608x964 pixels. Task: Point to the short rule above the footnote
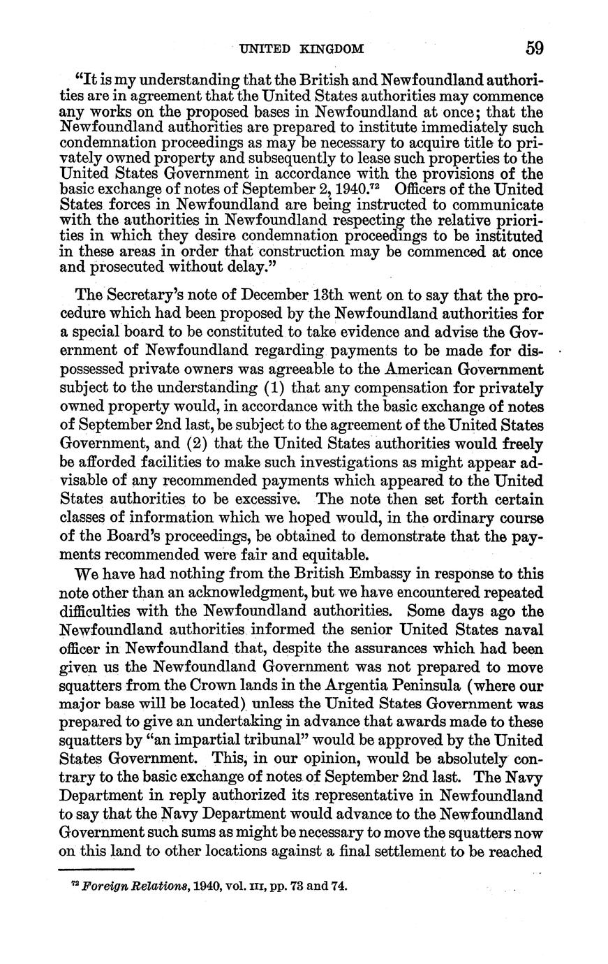tap(96, 870)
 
